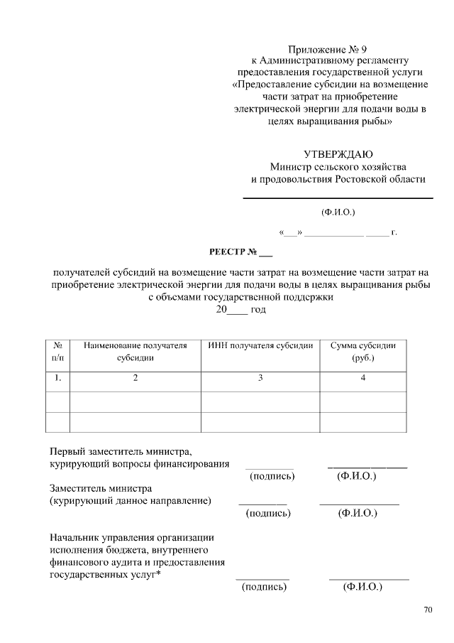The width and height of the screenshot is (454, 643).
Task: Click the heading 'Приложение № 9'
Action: click(328, 50)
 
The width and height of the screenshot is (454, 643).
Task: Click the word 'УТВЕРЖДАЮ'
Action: click(338, 154)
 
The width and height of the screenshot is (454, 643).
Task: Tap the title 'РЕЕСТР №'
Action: click(240, 252)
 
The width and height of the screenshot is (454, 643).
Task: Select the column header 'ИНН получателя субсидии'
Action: click(260, 345)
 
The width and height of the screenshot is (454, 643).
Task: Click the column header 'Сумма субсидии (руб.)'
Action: click(362, 352)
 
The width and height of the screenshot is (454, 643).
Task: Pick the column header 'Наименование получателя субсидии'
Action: click(135, 352)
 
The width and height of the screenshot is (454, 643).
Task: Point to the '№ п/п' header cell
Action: click(57, 352)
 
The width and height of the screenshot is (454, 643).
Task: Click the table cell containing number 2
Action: click(135, 378)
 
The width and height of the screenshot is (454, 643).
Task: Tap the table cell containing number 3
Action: click(260, 378)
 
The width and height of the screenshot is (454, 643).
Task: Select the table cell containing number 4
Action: click(362, 378)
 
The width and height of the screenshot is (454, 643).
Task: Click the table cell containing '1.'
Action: click(57, 378)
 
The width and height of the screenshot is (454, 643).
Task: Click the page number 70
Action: click(428, 610)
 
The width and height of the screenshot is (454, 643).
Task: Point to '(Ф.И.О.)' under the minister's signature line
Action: click(338, 212)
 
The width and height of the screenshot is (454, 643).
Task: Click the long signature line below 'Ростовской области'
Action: click(338, 197)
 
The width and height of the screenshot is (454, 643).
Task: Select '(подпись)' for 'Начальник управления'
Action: click(264, 587)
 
